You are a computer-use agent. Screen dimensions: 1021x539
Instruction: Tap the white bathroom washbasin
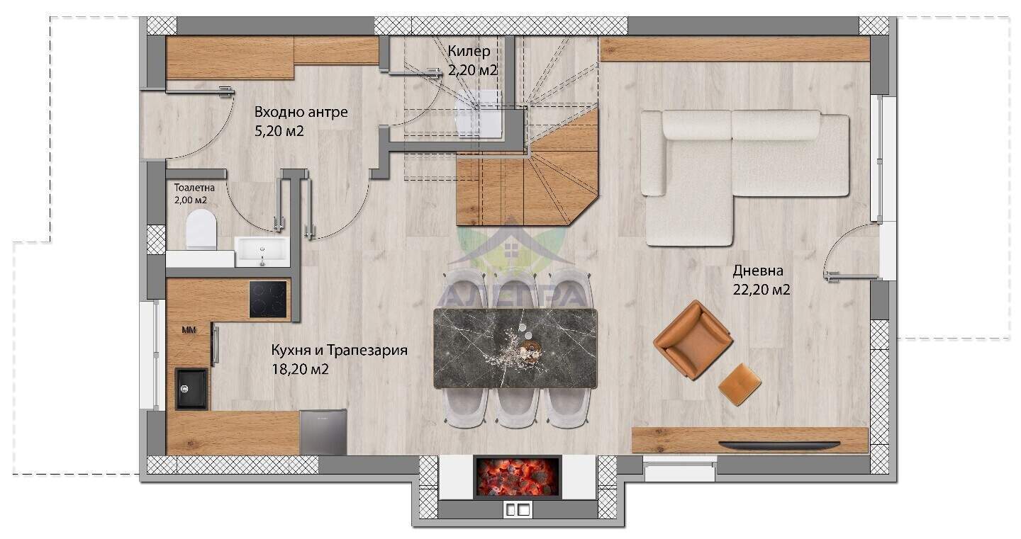click(x=262, y=251)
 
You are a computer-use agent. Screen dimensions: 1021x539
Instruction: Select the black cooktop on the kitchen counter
click(x=268, y=299)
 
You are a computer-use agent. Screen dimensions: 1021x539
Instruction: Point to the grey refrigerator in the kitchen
click(x=323, y=432)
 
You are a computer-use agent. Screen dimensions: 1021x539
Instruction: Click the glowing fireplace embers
click(x=518, y=477)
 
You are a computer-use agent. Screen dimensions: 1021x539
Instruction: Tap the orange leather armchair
click(x=693, y=339)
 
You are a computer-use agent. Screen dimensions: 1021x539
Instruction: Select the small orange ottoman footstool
click(x=740, y=384)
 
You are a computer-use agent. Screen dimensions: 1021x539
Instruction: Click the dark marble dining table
click(x=515, y=348)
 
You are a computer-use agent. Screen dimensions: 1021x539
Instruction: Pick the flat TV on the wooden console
click(x=779, y=443)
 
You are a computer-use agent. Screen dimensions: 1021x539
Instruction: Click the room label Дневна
click(x=758, y=271)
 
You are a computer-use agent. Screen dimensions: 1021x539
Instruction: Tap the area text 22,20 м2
click(x=761, y=290)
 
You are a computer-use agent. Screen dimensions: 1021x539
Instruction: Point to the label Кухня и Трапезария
click(x=339, y=351)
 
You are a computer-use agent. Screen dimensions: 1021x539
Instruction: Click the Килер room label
click(x=469, y=51)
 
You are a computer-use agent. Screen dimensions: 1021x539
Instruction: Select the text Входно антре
click(x=301, y=112)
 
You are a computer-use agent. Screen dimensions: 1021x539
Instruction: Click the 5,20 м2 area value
click(x=279, y=131)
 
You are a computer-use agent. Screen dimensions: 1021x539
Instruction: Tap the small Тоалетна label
click(x=194, y=188)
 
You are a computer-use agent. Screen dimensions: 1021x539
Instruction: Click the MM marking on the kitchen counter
click(x=189, y=329)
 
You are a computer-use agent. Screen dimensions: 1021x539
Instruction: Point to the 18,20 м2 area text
click(x=300, y=369)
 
